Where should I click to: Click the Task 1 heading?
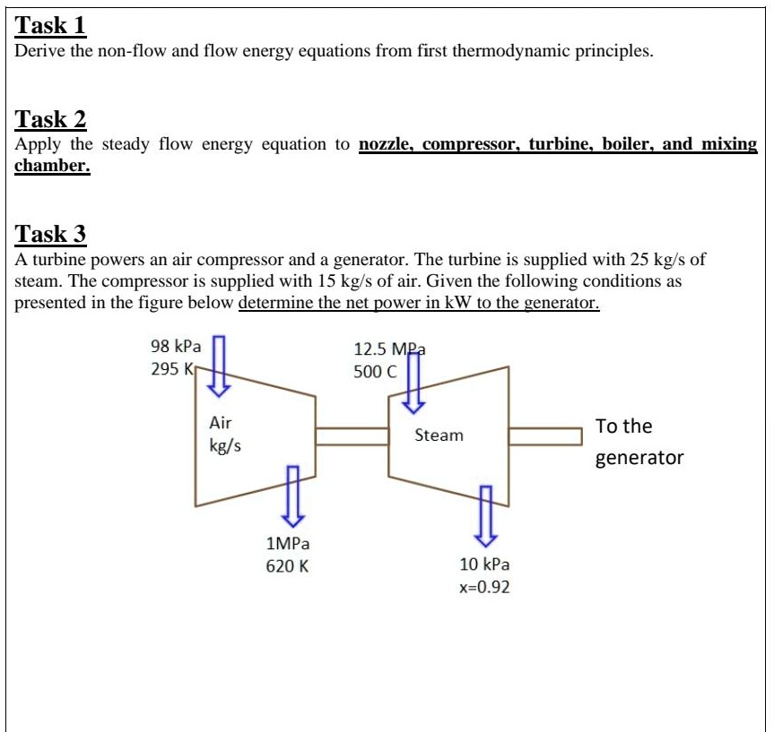[x=51, y=24]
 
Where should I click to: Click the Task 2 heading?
[x=51, y=119]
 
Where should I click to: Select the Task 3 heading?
[x=51, y=235]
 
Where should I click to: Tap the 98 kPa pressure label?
[x=176, y=346]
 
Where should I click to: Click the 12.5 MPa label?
[x=388, y=349]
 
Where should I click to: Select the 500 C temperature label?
[x=374, y=371]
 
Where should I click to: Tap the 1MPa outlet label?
[x=288, y=543]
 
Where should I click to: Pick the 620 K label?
[x=287, y=565]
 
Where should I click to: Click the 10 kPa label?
[x=484, y=564]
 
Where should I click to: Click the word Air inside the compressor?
[x=220, y=422]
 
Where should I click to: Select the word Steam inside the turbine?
[x=439, y=435]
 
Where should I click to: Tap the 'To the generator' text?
[x=639, y=442]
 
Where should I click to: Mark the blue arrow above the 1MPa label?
[x=292, y=495]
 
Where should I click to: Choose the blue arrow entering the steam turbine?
[x=413, y=383]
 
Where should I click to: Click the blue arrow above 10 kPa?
[x=485, y=515]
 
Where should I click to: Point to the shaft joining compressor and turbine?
[x=351, y=435]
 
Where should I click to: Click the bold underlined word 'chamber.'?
[x=53, y=167]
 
